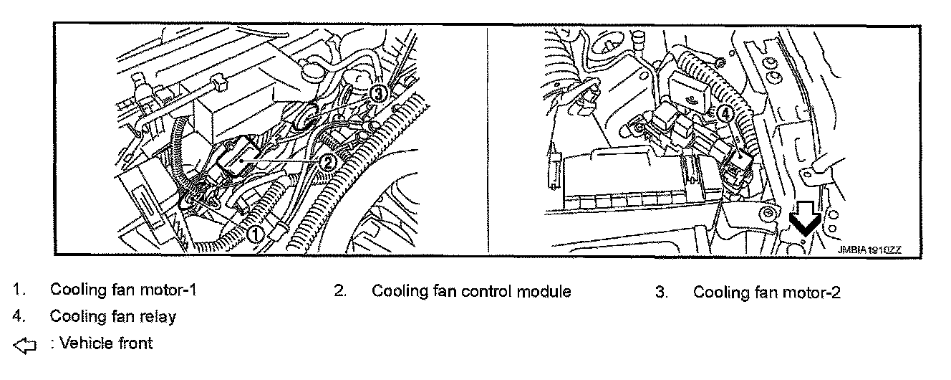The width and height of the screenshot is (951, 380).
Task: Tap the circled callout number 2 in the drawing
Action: pyautogui.click(x=327, y=163)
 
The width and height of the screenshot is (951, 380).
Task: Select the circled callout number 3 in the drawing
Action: pyautogui.click(x=379, y=92)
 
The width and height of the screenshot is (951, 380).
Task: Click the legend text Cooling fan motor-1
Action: pyautogui.click(x=122, y=290)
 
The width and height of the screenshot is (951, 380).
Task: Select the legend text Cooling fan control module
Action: pyautogui.click(x=471, y=292)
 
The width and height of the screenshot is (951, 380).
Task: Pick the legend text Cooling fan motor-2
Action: pyautogui.click(x=766, y=292)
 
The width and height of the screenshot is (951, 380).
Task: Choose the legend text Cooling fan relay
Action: pyautogui.click(x=112, y=316)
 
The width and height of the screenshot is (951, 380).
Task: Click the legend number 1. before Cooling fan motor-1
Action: pyautogui.click(x=19, y=290)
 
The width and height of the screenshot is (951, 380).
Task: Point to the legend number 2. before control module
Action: pyautogui.click(x=340, y=292)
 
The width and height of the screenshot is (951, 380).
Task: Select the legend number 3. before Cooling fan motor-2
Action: pyautogui.click(x=662, y=292)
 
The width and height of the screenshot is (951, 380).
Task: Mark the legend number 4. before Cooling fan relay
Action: pyautogui.click(x=19, y=316)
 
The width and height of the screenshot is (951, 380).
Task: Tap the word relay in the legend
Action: pyautogui.click(x=160, y=316)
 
